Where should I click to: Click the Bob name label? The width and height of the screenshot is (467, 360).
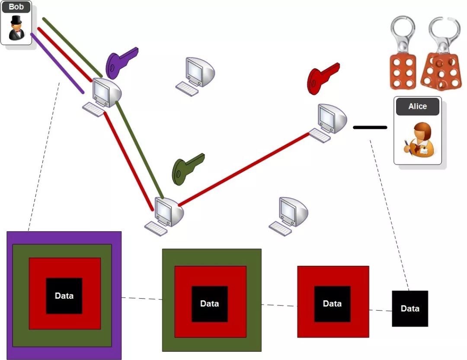[16, 7]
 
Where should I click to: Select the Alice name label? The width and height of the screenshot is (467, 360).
[417, 106]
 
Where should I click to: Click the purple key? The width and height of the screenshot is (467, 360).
[122, 62]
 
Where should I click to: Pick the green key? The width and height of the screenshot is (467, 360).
[188, 169]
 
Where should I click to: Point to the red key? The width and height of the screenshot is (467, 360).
[323, 79]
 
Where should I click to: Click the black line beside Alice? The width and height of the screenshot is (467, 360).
[370, 127]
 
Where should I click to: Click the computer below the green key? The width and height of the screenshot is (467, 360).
[164, 217]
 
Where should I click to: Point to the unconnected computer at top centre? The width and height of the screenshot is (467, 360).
[195, 76]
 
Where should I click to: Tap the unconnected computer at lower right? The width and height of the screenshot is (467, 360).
[288, 217]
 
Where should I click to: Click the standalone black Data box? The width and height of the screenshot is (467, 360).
[410, 309]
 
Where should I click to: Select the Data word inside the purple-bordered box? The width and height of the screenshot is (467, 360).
[64, 296]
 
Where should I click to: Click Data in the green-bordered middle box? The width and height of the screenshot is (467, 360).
[209, 303]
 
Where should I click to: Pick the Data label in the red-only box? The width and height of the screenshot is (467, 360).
[332, 303]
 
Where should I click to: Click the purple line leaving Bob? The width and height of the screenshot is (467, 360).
[57, 64]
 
